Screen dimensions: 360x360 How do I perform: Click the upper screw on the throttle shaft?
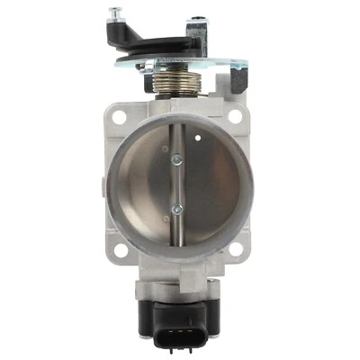pyautogui.click(x=178, y=160)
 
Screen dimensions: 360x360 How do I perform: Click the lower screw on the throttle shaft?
pyautogui.click(x=178, y=211)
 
